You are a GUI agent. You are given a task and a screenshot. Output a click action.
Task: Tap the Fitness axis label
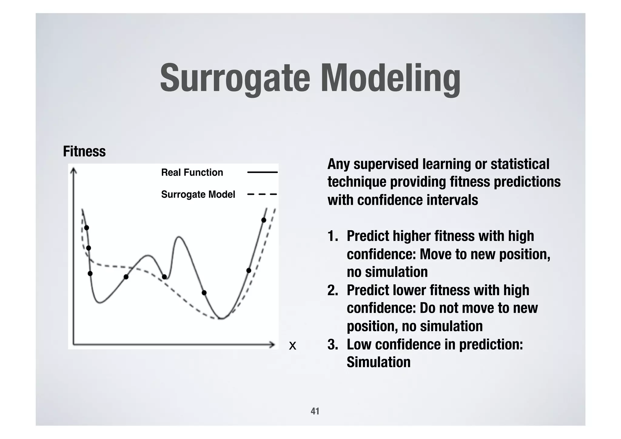tap(84, 151)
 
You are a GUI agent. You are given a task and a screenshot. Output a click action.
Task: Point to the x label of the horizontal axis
tap(292, 346)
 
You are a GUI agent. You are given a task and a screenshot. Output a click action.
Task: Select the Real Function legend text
tap(192, 172)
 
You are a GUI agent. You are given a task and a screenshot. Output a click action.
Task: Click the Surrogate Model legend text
tap(198, 194)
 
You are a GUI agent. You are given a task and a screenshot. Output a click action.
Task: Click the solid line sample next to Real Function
tap(262, 172)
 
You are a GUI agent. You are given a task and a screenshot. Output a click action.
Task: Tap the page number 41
tap(315, 411)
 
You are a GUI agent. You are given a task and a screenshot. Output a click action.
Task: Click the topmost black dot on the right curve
tap(264, 220)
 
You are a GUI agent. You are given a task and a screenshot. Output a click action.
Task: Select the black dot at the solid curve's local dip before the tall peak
tap(164, 277)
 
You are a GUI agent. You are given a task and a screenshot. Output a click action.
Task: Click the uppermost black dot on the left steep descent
tap(86, 228)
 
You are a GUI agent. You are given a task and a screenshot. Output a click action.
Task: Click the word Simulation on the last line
tap(378, 362)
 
